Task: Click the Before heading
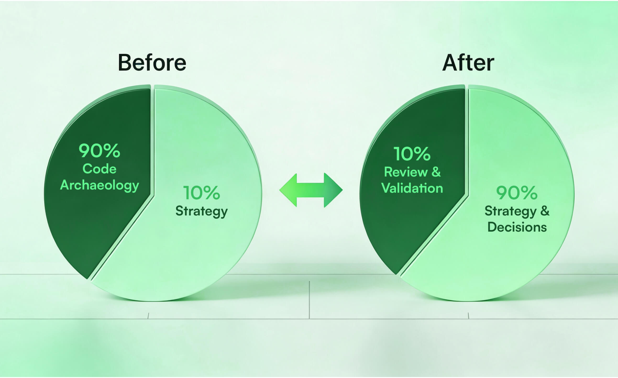tap(152, 63)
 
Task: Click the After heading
tap(468, 63)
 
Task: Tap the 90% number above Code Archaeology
tap(99, 151)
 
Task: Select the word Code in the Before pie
tap(99, 169)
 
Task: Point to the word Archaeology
tap(100, 185)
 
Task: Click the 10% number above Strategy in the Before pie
tap(201, 193)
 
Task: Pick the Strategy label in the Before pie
tap(201, 211)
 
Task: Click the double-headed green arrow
tap(311, 190)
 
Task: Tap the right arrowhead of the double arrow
tap(333, 190)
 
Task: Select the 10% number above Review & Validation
tap(412, 154)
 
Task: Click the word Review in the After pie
tap(406, 172)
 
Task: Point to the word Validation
tap(412, 188)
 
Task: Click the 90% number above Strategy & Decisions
tap(517, 193)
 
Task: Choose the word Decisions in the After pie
tap(517, 227)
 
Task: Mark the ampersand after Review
tap(436, 172)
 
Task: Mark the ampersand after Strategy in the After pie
tap(545, 211)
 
